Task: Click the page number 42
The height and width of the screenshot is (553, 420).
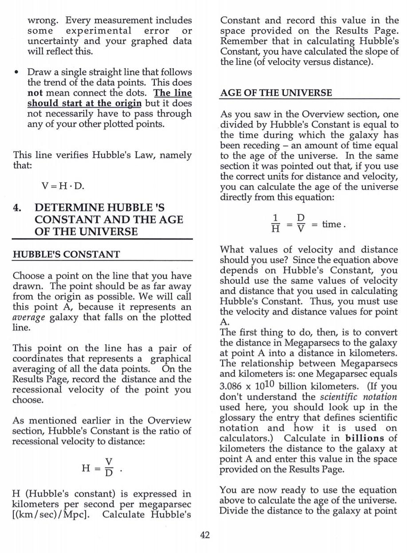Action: click(204, 535)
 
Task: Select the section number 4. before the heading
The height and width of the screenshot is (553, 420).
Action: click(18, 208)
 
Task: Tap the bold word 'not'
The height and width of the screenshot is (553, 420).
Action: click(35, 93)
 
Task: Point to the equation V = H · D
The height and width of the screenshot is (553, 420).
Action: click(62, 186)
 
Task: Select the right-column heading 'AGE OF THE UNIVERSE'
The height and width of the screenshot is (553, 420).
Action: click(276, 93)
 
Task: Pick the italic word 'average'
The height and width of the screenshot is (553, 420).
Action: click(28, 317)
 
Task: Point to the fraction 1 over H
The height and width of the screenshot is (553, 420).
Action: click(275, 224)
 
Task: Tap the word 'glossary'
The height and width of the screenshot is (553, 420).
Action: click(238, 418)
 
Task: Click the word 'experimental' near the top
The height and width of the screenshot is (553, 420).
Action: click(98, 31)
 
